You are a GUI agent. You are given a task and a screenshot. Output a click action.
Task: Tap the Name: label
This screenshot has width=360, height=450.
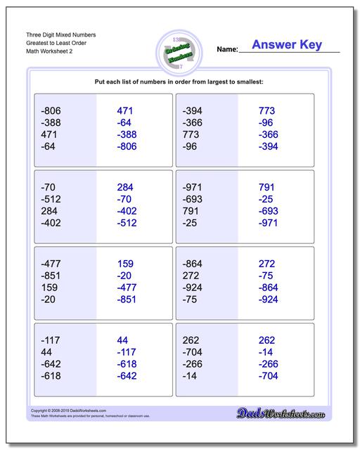(227, 50)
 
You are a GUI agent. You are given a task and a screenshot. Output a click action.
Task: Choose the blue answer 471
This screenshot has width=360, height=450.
(124, 111)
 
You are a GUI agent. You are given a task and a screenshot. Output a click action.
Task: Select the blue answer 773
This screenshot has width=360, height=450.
(266, 111)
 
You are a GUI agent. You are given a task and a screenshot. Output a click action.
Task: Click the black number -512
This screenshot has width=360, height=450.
(52, 199)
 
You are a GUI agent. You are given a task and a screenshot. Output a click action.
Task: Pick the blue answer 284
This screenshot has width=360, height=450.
(125, 187)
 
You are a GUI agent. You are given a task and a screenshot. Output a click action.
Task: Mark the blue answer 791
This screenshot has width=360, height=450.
(266, 187)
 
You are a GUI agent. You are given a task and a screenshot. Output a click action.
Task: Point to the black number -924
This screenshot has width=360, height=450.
(194, 288)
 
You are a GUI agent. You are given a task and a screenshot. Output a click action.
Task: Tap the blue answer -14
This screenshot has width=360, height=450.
(266, 352)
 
